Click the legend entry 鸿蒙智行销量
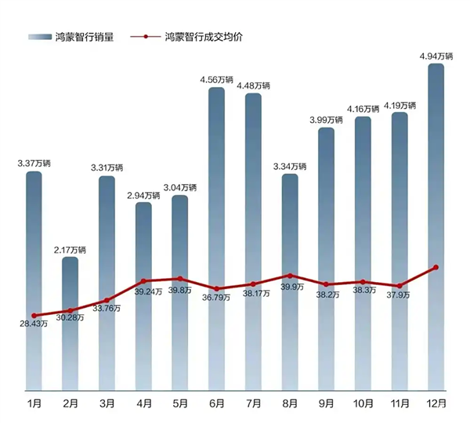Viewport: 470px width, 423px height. point(75,37)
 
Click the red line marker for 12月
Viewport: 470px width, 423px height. point(436,268)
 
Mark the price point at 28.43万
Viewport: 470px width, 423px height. point(34,316)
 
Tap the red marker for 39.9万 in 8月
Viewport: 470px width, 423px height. point(290,276)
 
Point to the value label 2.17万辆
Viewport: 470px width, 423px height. point(70,250)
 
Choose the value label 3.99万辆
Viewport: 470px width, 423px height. point(326,120)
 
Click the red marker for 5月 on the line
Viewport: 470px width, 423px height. point(179,279)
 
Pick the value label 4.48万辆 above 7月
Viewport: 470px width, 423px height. point(253,85)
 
